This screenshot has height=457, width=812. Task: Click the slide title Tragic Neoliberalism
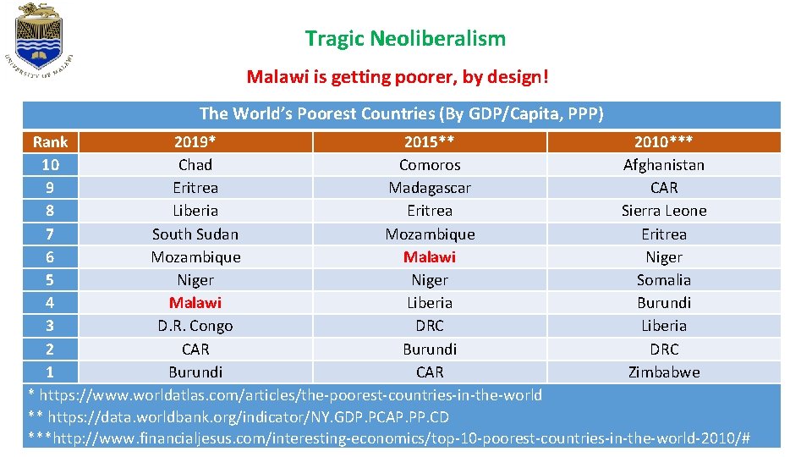pos(405,38)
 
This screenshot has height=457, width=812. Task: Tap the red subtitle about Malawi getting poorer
pos(398,77)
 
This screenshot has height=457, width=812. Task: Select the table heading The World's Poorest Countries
pos(401,113)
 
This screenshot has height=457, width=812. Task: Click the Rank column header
pos(50,141)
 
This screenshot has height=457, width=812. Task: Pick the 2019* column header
pos(195,141)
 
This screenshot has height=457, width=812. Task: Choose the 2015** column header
pos(430,141)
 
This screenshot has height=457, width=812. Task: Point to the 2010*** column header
pos(663,141)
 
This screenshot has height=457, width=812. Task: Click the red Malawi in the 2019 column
pos(195,302)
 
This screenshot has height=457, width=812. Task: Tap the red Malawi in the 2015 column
pos(430,256)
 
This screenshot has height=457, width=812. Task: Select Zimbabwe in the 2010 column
pos(663,372)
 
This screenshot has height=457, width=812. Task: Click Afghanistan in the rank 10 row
pos(663,164)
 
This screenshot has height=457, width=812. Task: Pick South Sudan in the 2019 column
pos(195,234)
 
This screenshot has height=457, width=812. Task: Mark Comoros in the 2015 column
pos(430,164)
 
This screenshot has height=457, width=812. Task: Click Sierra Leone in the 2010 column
pos(663,211)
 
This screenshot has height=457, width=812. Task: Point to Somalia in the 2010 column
pos(663,279)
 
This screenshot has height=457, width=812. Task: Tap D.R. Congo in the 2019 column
pos(195,325)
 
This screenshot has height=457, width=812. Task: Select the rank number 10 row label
pos(50,164)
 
